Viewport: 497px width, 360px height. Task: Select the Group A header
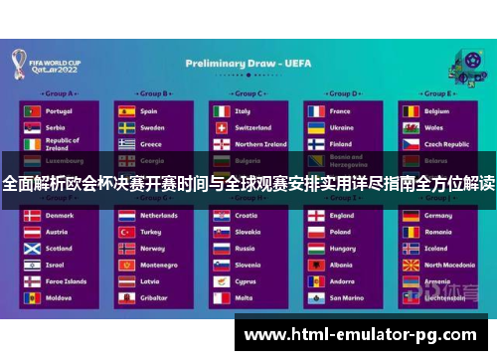(60, 93)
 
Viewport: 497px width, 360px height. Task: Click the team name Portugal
(59, 111)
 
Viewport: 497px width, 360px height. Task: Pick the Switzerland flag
(221, 127)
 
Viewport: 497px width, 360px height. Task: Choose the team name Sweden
(152, 127)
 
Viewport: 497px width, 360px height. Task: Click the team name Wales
(434, 127)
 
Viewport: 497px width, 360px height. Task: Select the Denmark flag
(32, 215)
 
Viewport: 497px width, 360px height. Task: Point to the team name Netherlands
(159, 215)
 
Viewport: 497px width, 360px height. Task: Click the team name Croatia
(246, 215)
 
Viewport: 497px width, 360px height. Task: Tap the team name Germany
(438, 215)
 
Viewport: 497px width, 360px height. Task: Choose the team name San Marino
(346, 297)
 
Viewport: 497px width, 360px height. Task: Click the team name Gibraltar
(153, 297)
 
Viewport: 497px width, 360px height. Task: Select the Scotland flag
(32, 248)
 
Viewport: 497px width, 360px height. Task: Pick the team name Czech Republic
(445, 143)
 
